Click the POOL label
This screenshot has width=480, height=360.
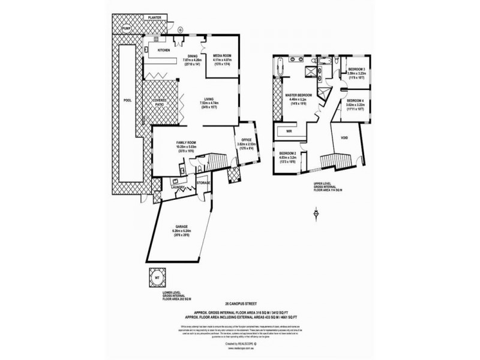click(x=125, y=101)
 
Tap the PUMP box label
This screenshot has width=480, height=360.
click(x=126, y=28)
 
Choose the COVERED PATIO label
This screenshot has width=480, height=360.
click(x=159, y=103)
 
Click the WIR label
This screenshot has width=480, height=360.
click(x=289, y=130)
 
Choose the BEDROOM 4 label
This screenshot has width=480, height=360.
click(x=356, y=100)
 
